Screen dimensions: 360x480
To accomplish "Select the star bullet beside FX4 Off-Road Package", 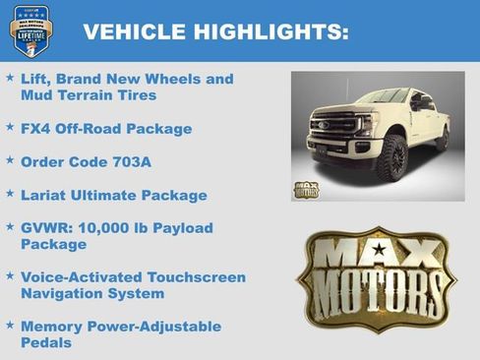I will point(10,128).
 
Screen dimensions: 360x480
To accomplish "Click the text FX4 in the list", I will point(37,129).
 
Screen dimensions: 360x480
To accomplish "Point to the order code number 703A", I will point(138,161).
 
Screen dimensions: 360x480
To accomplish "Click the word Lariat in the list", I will point(45,195).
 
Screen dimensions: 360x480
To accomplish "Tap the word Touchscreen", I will point(192,277).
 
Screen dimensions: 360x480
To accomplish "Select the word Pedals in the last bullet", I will point(46,342).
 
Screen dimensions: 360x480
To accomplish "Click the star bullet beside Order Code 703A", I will point(10,160).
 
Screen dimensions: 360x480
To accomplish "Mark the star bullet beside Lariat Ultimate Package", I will point(10,194).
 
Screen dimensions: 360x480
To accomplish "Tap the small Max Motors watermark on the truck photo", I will point(307,188).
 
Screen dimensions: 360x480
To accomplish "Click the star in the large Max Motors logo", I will point(379,248).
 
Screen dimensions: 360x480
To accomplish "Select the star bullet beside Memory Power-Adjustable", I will point(10,325).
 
